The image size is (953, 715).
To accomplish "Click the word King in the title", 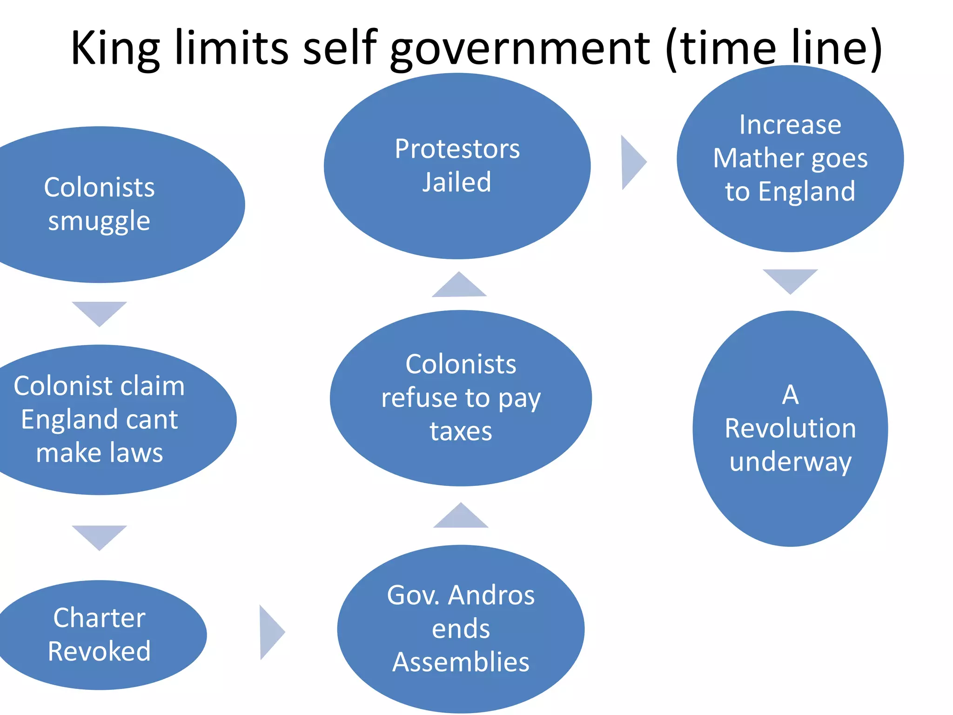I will (x=115, y=48).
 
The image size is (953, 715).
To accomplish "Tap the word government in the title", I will (x=520, y=48).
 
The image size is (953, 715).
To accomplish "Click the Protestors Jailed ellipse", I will (x=457, y=166).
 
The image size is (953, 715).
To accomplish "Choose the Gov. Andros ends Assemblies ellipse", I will (x=461, y=628).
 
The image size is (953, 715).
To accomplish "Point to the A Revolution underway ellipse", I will (x=790, y=428).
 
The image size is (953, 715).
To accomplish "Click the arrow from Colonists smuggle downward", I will (x=99, y=312).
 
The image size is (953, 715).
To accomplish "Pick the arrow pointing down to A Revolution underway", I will (x=790, y=279).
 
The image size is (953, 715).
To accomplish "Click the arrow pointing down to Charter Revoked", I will (x=99, y=536).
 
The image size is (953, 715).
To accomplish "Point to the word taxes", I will (x=461, y=432).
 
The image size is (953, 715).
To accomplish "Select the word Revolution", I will (x=790, y=428).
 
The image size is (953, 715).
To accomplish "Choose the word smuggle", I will (x=99, y=221).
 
